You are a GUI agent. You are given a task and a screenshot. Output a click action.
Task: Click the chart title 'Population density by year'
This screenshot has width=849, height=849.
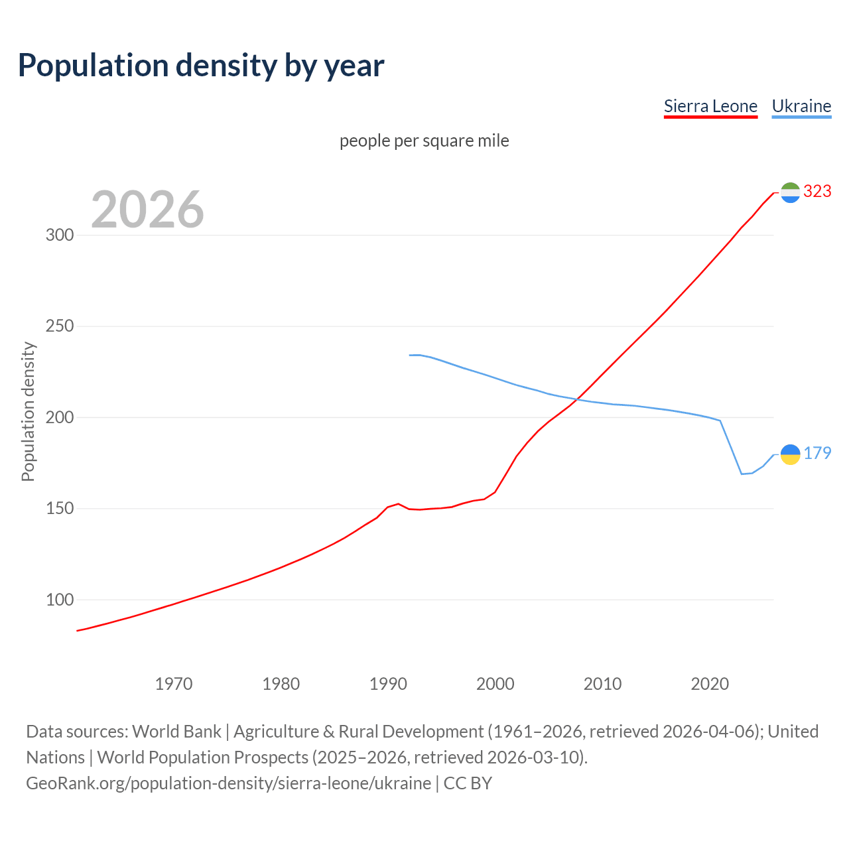(201, 66)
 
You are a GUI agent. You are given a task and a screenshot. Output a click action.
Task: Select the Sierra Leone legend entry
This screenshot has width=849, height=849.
(710, 106)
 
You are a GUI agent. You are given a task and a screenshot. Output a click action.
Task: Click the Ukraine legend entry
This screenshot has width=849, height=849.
(801, 106)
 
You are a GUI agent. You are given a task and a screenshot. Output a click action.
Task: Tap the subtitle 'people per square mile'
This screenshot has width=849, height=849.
(424, 141)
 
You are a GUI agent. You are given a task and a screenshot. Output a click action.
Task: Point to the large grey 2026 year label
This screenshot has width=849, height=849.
(147, 210)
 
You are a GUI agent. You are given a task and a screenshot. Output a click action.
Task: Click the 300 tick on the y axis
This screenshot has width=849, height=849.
(59, 235)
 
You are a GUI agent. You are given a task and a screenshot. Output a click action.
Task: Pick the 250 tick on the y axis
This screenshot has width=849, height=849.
(59, 326)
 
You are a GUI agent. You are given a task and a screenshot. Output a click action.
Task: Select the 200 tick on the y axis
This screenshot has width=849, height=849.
(59, 418)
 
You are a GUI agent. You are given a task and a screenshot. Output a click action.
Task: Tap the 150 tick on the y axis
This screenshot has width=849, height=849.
(59, 509)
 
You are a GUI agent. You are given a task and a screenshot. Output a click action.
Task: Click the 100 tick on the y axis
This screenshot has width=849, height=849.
(59, 600)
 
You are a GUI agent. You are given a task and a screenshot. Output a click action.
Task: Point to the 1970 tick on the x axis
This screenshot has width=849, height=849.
(174, 684)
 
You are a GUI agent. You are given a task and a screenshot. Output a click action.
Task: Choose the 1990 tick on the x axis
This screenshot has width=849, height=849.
(388, 684)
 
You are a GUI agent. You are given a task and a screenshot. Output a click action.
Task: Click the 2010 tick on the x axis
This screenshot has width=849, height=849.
(602, 684)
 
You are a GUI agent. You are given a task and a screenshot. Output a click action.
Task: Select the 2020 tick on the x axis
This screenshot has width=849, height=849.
(710, 684)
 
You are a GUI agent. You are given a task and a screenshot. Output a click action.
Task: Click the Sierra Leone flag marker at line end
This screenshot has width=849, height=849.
(790, 192)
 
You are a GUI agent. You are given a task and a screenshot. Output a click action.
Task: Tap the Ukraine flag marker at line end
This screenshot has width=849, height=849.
(790, 454)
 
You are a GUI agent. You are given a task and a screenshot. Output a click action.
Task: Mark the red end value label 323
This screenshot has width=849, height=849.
(817, 192)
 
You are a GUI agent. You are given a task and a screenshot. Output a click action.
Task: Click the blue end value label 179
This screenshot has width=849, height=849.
(817, 454)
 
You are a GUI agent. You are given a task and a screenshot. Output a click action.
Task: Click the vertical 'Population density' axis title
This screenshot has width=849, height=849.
(28, 411)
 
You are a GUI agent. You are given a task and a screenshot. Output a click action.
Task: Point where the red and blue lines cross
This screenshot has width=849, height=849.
(576, 399)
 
